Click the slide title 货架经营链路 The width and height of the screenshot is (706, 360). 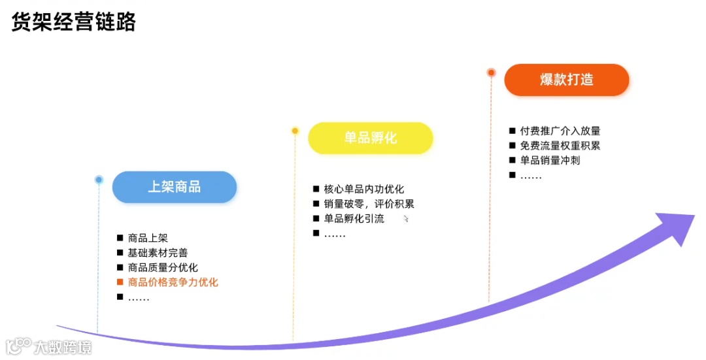coord(74,23)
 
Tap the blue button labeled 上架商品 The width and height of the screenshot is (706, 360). coord(174,187)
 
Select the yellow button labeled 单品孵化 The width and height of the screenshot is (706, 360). coord(371,138)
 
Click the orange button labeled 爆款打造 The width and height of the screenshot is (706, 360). coord(566,80)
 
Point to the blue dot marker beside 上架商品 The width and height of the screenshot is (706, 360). coord(99,179)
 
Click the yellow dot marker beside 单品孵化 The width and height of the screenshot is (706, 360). coord(295,131)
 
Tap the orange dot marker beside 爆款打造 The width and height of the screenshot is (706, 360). coord(491,73)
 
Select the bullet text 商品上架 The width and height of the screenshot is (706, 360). coord(148,238)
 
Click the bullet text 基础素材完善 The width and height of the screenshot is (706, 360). coord(158,253)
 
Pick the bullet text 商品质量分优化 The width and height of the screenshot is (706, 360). coord(163,268)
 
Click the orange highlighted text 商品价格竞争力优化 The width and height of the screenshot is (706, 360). coord(173,282)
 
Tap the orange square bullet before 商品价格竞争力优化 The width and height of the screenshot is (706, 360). coord(120,282)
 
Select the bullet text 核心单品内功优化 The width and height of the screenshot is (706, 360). coord(363,189)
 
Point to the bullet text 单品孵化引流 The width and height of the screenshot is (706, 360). coord(354,219)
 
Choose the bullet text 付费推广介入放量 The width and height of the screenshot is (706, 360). coord(560,131)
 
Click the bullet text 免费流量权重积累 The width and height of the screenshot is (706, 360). coord(560,146)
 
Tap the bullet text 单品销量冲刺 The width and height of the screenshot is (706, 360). coord(550,160)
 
